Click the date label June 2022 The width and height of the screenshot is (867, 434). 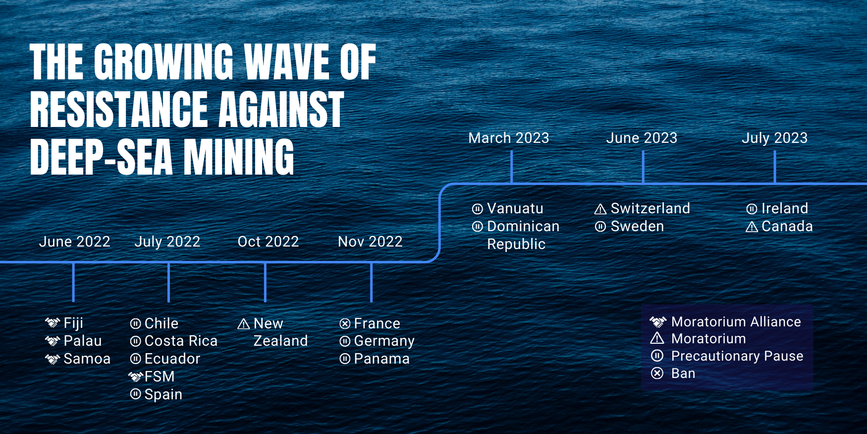[x=75, y=242]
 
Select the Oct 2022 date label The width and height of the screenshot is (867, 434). [x=269, y=242]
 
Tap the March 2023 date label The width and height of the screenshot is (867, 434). [x=509, y=138]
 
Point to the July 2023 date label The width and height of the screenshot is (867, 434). [x=775, y=138]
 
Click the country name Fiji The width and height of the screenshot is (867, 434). [x=73, y=323]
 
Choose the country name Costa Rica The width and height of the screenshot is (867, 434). [x=181, y=341]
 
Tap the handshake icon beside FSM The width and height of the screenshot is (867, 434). [x=135, y=377]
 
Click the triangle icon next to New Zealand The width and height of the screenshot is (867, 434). [x=244, y=324]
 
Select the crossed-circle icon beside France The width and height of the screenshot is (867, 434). [x=345, y=324]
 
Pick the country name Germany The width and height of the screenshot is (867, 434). [x=384, y=342]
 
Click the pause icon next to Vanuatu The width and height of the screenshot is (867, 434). [x=478, y=209]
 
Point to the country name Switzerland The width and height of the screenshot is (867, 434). [x=650, y=208]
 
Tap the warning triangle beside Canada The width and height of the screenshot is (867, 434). [x=752, y=227]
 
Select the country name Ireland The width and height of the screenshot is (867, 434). [x=785, y=208]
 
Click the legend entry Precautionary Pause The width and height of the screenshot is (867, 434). [x=737, y=356]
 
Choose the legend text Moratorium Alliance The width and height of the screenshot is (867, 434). [x=736, y=322]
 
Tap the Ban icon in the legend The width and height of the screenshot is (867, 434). [x=657, y=373]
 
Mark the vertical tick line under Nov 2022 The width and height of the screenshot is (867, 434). [x=371, y=282]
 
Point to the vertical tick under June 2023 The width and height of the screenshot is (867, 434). [x=643, y=167]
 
